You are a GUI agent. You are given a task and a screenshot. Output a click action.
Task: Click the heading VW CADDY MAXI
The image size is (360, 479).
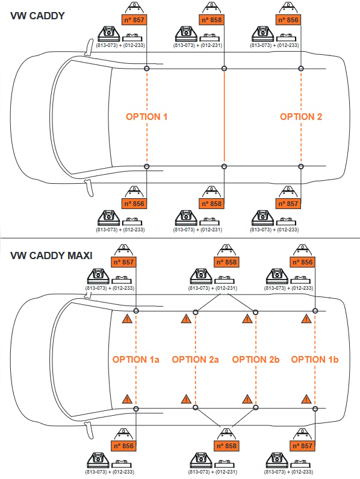(51, 255)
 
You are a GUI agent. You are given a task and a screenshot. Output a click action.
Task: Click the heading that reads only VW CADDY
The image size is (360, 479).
(37, 16)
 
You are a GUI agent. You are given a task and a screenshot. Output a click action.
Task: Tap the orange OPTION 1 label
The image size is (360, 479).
(146, 117)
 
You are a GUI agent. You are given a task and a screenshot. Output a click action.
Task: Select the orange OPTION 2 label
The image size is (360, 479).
(301, 117)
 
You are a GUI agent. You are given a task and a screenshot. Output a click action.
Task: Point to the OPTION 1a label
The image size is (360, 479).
(136, 360)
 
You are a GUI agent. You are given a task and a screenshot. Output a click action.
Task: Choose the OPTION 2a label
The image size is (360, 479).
(196, 360)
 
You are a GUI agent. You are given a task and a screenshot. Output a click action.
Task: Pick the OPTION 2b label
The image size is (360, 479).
(256, 360)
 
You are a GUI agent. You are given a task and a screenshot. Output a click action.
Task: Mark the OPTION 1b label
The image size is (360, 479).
(315, 360)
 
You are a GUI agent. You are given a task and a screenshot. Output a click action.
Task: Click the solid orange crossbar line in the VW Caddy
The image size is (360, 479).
(224, 117)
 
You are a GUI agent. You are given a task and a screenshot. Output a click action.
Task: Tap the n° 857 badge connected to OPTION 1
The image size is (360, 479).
(134, 20)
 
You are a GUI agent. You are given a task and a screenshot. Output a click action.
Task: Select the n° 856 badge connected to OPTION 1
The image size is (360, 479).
(134, 204)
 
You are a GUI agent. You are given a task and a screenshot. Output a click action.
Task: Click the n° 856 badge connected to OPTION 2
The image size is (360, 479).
(288, 20)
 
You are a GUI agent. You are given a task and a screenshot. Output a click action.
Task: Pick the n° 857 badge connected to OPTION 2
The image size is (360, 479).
(288, 204)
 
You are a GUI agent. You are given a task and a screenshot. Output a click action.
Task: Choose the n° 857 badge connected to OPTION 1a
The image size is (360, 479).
(123, 262)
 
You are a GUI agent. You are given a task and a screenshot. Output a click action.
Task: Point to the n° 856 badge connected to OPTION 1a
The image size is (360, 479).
(123, 446)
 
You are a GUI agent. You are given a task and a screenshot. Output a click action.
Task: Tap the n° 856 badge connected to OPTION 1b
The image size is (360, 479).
(303, 262)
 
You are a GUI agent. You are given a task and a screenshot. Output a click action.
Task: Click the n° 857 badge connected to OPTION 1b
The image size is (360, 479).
(303, 446)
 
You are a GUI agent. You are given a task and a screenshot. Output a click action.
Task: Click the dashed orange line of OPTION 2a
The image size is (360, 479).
(196, 360)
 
